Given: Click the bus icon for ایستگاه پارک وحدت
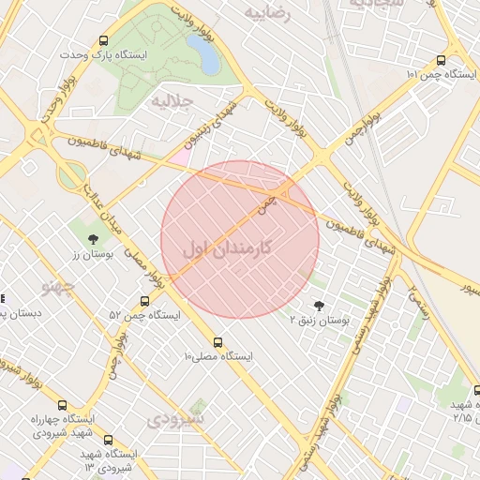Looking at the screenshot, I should [x=103, y=40].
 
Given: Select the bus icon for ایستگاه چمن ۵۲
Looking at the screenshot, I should [x=144, y=301].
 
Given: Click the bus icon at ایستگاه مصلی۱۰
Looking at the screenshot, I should [x=218, y=342].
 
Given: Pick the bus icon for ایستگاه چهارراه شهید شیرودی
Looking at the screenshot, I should [x=62, y=405].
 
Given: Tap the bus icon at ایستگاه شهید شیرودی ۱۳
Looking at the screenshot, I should [x=108, y=439].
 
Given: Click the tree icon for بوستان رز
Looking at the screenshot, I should [x=93, y=239].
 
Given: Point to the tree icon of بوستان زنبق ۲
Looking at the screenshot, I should [x=319, y=305].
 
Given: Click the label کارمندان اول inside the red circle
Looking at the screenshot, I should [x=229, y=248].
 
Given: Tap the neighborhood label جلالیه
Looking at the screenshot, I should [x=172, y=100].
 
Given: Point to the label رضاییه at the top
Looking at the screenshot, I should [x=268, y=12].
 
